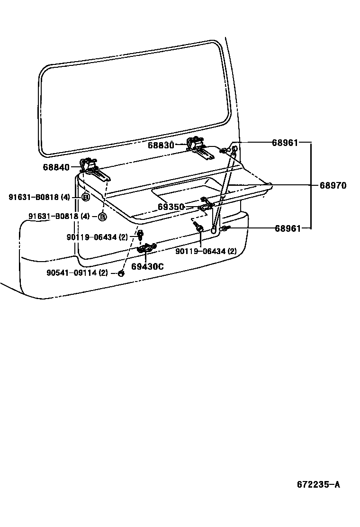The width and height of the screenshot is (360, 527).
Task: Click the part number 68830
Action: click(161, 145)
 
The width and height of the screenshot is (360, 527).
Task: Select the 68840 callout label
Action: click(56, 167)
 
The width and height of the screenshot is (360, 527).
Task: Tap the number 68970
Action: click(333, 186)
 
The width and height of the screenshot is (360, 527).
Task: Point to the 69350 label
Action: click(171, 207)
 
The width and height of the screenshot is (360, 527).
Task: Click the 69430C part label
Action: click(147, 267)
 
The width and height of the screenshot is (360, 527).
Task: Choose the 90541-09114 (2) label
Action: click(77, 273)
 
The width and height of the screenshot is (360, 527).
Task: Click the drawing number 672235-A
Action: click(318, 484)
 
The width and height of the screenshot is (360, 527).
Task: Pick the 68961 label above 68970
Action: click(285, 142)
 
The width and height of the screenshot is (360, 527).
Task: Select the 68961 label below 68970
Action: click(288, 228)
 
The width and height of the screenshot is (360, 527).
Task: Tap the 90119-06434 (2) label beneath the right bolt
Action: click(206, 251)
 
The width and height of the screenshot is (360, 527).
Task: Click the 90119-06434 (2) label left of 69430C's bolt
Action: click(97, 237)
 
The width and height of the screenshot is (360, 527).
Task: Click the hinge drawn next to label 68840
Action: click(93, 168)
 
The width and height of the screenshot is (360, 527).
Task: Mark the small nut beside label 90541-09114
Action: click(121, 273)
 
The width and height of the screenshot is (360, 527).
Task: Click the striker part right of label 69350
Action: click(205, 205)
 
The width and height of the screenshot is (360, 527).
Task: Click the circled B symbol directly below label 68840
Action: click(85, 197)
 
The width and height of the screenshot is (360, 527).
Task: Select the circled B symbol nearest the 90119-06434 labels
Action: click(102, 217)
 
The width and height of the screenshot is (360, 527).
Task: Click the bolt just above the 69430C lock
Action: click(140, 235)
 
